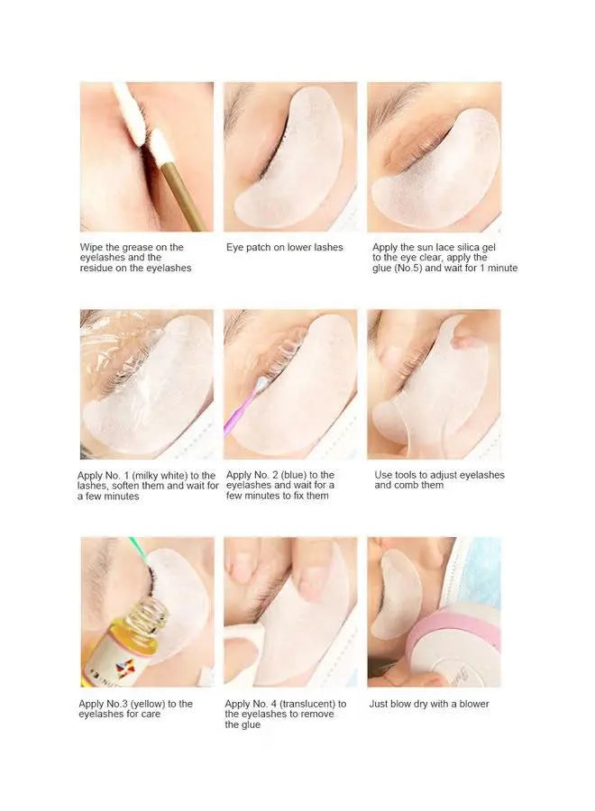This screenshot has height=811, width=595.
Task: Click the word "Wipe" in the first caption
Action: tap(91, 247)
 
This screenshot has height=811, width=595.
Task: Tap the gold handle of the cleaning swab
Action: tap(184, 195)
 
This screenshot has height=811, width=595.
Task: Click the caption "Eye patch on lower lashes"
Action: tap(285, 247)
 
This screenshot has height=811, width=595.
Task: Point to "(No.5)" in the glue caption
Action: tap(408, 268)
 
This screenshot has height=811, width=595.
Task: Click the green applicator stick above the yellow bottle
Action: tap(140, 551)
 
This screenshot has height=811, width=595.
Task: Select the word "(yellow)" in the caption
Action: tap(148, 704)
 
